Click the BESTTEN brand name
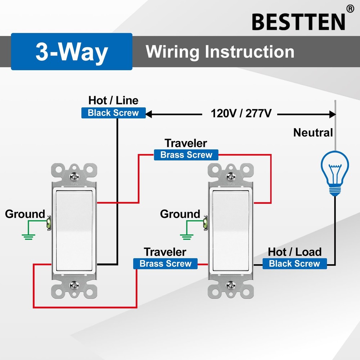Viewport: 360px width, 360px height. click(x=298, y=22)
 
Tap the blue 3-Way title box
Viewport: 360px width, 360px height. click(x=72, y=51)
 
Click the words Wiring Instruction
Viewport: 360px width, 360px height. click(x=220, y=51)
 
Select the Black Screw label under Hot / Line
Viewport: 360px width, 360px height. click(x=113, y=113)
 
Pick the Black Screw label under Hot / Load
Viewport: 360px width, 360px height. click(x=294, y=264)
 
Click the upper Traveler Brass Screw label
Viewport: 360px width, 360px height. click(x=186, y=155)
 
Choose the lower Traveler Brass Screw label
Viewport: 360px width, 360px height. click(x=165, y=264)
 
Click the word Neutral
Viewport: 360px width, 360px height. click(x=313, y=132)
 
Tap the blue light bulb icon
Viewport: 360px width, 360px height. click(x=335, y=173)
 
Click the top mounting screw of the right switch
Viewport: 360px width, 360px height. click(x=231, y=177)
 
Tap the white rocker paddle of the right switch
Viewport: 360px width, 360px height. click(x=231, y=230)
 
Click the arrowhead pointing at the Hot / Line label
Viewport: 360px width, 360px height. click(x=149, y=114)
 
